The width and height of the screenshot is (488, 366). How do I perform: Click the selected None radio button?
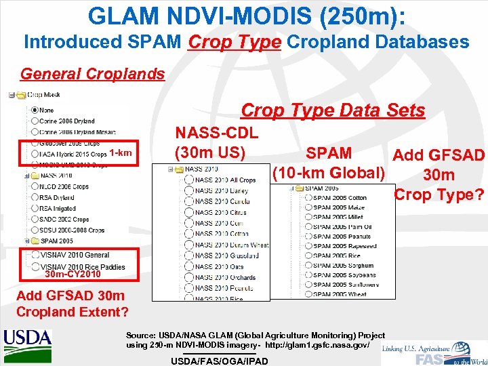(34, 110)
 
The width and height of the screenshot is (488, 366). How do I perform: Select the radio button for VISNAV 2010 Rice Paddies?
(34, 267)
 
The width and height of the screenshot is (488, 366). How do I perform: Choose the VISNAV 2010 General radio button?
(34, 256)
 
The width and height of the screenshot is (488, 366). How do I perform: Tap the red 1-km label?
(120, 152)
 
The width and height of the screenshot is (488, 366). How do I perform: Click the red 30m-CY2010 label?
(73, 274)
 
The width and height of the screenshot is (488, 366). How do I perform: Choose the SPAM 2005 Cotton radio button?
(308, 198)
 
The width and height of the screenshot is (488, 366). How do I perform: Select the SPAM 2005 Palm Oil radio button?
(308, 226)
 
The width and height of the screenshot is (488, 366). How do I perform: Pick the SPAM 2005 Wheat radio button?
(308, 294)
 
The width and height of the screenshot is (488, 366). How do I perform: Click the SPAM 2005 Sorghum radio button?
(308, 265)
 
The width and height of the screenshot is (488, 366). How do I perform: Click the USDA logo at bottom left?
(27, 339)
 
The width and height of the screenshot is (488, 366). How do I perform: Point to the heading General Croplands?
(93, 74)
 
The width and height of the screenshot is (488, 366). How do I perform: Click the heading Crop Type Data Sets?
(333, 110)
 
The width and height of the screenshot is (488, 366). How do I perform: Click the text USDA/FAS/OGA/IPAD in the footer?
(220, 361)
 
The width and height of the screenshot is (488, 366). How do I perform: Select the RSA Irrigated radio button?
(34, 209)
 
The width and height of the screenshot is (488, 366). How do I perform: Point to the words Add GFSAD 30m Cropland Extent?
(70, 304)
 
